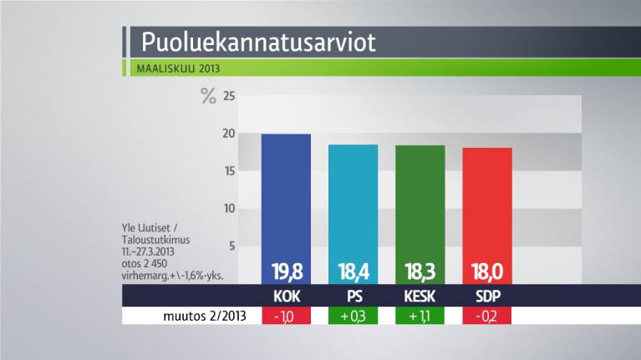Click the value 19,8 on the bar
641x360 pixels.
pos(286,271)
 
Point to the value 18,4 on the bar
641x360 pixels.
pos(353,271)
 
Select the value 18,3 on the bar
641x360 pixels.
pos(420,271)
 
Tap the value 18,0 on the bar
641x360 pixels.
pos(486,271)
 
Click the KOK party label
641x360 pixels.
pos(286,297)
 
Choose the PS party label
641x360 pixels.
pos(353,297)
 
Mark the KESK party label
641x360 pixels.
pos(420,297)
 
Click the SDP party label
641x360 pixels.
pos(486,297)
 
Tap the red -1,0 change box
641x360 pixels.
pos(286,317)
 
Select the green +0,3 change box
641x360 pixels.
pos(353,317)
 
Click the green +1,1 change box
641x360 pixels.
pos(420,317)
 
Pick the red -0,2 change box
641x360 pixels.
pos(486,317)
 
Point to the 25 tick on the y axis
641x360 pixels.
pos(228,97)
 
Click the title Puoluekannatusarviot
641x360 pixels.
pos(258,42)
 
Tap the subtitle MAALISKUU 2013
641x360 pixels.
pos(178,68)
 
